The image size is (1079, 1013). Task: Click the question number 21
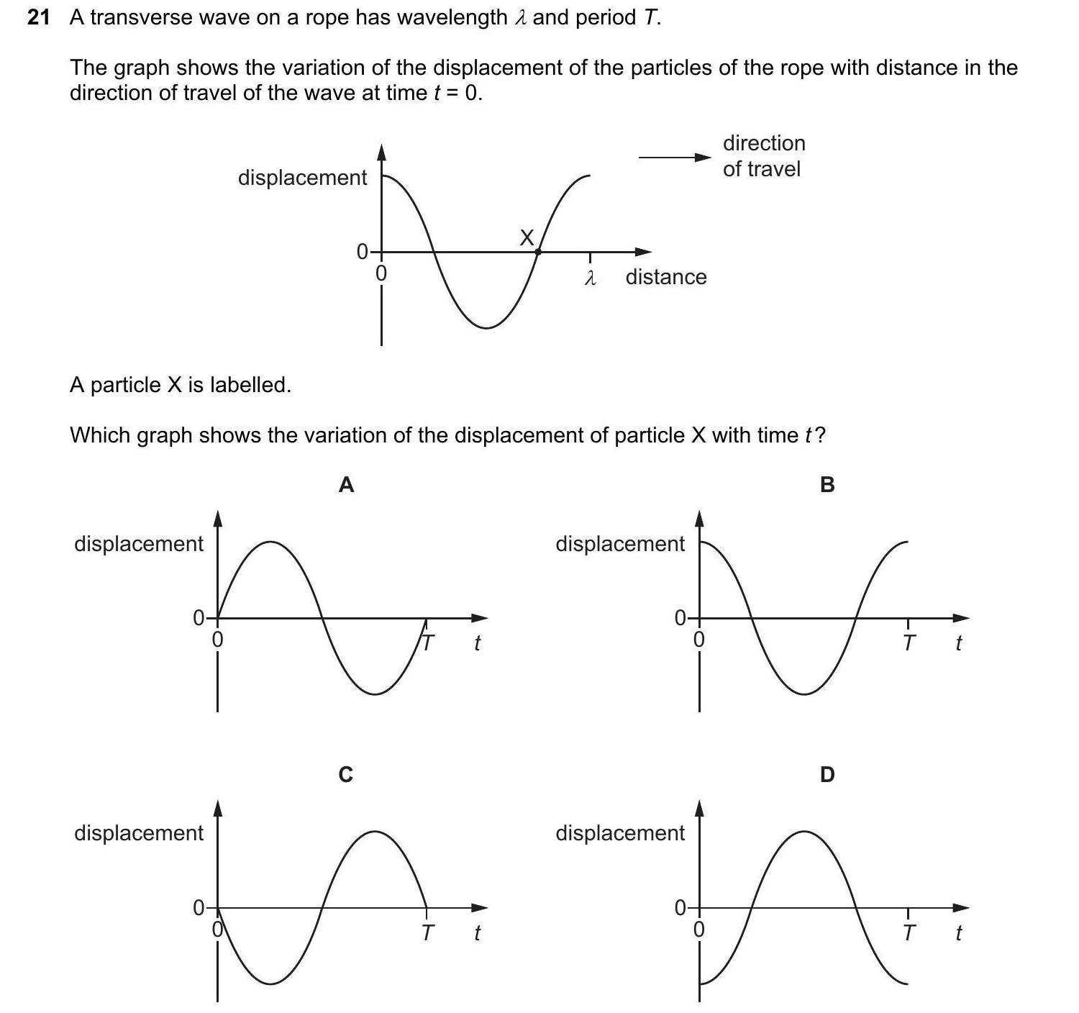39,18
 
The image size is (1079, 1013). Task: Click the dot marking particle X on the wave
538,252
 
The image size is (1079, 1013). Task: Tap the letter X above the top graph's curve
527,237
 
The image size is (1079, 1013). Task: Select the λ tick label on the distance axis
590,278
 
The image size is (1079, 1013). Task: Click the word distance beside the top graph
666,277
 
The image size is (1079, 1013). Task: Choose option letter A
346,486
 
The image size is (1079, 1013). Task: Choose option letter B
827,486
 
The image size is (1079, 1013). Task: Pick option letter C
346,775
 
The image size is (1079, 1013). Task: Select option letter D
827,775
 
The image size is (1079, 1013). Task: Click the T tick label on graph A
427,642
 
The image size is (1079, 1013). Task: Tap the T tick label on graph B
909,642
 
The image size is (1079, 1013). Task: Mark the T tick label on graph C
427,933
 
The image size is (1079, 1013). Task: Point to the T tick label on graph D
909,933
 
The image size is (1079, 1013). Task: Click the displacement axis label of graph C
139,833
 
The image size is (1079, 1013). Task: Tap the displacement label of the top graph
302,178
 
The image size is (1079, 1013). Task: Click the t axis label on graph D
958,933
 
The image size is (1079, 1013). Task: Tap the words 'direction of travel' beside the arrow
763,156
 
